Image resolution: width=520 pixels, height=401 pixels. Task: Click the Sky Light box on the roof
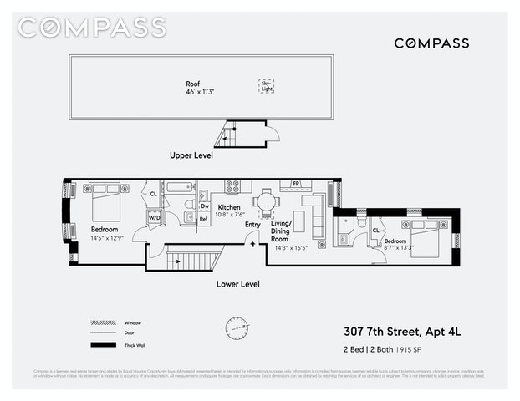point(267,86)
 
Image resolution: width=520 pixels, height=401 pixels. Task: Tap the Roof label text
point(194,84)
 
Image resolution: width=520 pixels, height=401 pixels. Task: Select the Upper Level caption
point(191,155)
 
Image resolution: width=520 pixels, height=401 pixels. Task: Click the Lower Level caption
point(237,284)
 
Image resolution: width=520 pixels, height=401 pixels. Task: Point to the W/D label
point(155,218)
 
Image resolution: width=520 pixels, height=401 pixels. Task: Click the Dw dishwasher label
point(204,206)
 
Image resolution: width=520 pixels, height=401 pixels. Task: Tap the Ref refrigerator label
point(204,220)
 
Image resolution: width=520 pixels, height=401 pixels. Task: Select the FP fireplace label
point(295,183)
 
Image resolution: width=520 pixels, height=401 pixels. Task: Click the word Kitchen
point(229,207)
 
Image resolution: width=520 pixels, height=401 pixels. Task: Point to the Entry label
point(252,224)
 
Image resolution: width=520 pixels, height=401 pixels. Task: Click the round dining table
point(265,201)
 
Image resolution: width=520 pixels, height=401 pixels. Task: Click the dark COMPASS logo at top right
point(431,43)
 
